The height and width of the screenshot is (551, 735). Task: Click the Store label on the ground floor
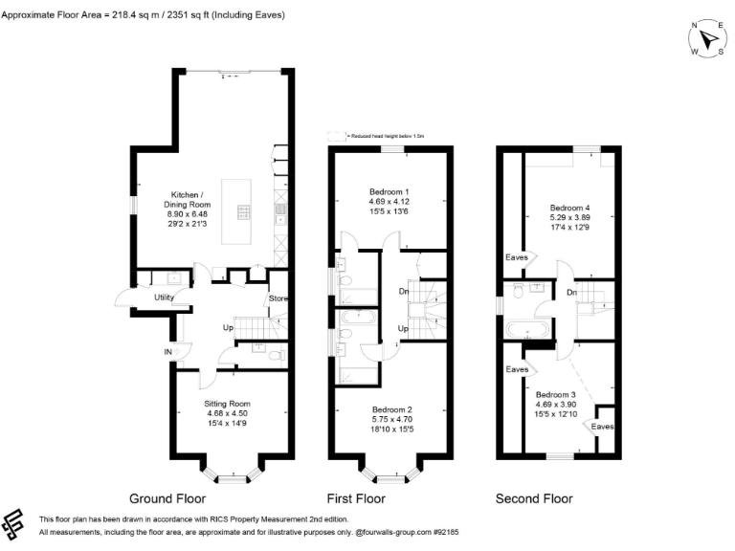278,298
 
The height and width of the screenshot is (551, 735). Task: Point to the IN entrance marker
168,352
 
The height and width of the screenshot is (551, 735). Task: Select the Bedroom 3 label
555,395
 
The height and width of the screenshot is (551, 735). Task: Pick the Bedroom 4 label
569,208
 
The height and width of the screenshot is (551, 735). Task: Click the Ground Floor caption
167,498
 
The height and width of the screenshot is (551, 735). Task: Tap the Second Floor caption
534,498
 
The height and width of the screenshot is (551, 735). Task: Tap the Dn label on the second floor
570,292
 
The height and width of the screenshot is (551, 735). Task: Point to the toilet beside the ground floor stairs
276,355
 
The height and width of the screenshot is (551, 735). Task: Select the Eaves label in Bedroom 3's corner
602,426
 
